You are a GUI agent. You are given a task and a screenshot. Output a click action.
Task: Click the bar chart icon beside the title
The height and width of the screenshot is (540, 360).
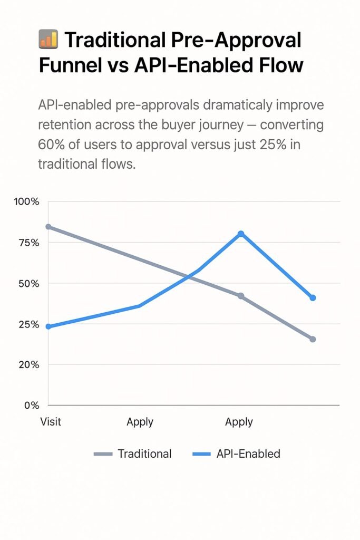click(x=48, y=40)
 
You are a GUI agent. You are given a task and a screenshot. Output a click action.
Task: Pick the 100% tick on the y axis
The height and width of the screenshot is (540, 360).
click(x=26, y=202)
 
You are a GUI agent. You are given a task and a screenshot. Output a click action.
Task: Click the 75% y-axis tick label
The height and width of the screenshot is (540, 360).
click(x=27, y=243)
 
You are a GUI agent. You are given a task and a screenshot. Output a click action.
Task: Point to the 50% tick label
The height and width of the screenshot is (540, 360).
click(x=27, y=283)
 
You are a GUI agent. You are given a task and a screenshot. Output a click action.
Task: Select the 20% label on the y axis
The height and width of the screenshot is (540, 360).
click(x=27, y=364)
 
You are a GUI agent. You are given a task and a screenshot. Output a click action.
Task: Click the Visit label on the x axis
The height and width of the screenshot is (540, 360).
click(x=51, y=421)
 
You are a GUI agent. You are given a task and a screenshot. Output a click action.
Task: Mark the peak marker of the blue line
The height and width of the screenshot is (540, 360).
click(x=241, y=234)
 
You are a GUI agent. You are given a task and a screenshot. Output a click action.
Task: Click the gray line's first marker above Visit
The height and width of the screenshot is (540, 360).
click(x=48, y=227)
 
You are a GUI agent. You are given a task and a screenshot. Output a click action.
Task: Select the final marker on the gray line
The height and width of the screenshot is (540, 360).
click(x=313, y=339)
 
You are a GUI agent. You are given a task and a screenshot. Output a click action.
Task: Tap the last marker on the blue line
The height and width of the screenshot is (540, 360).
click(x=313, y=298)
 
